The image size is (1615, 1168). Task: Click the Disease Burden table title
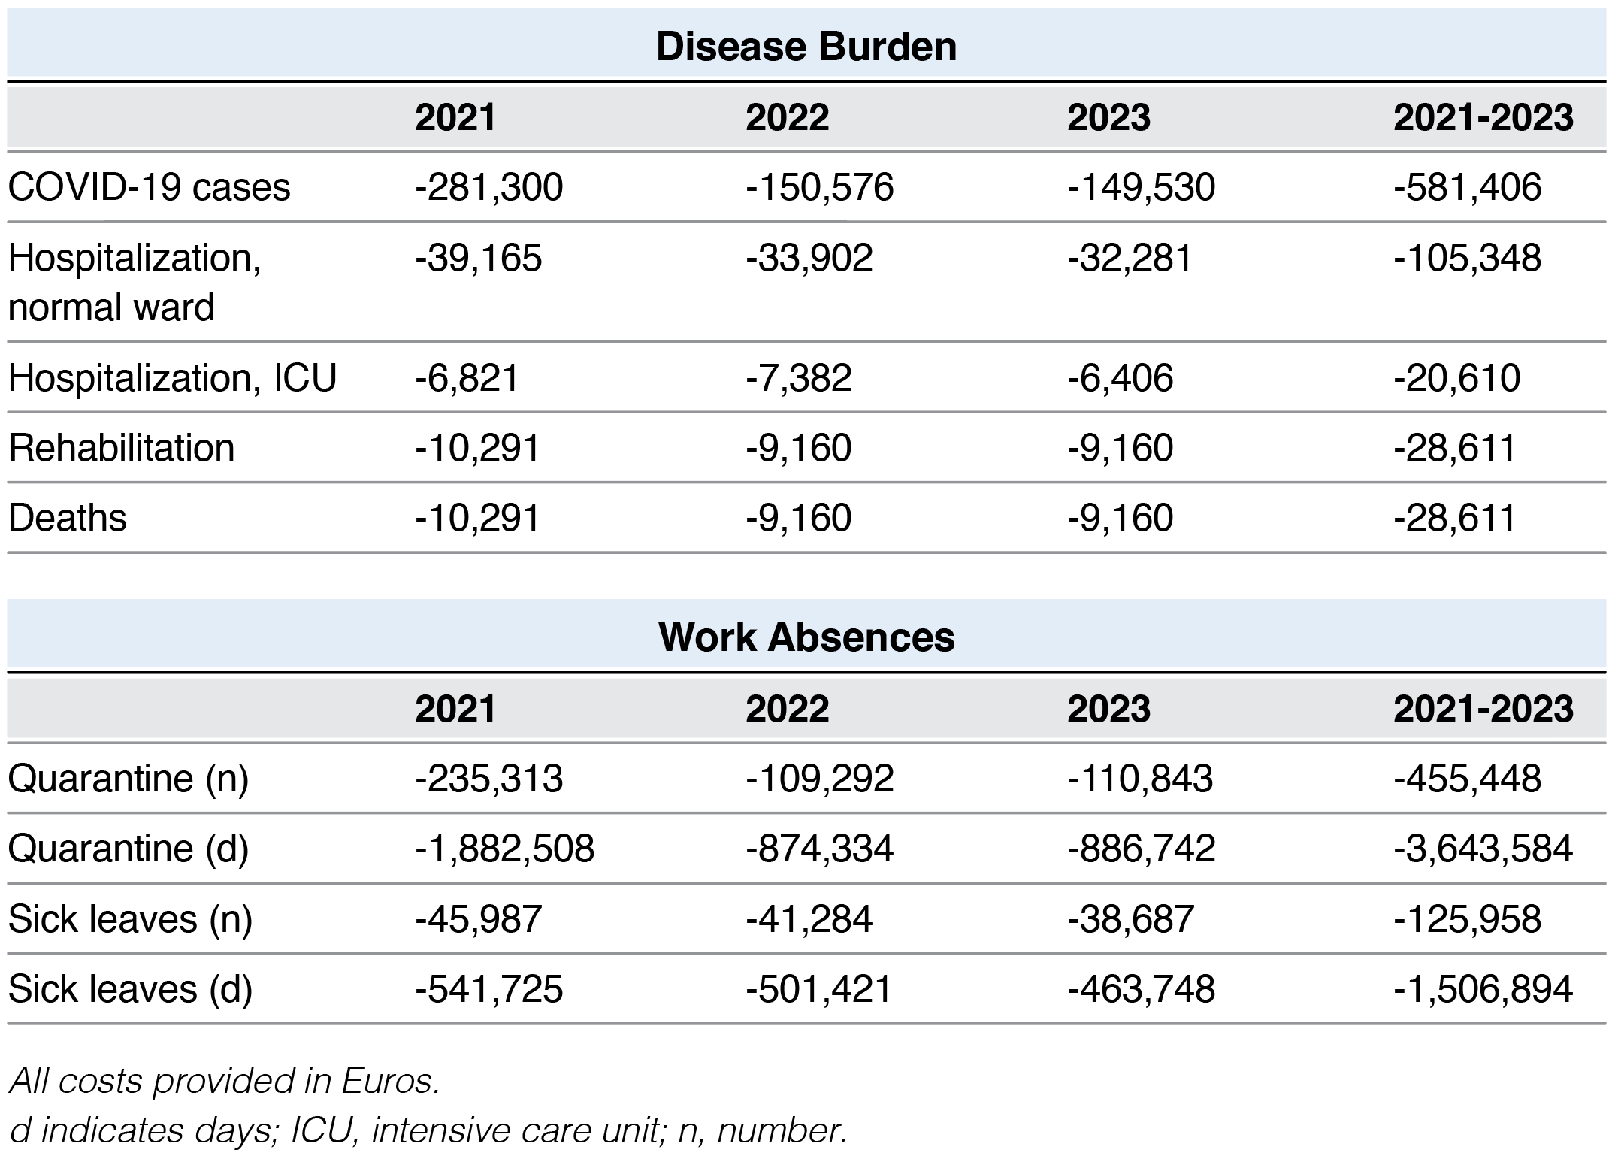(x=806, y=47)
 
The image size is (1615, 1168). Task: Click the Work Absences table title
(x=806, y=637)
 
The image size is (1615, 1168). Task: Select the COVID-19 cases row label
(x=149, y=187)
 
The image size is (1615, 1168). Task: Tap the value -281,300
(x=488, y=187)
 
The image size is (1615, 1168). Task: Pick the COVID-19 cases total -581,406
(x=1467, y=187)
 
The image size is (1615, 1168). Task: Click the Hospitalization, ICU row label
(x=172, y=377)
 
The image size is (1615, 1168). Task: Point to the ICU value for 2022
(x=798, y=377)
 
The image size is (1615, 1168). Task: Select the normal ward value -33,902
(x=809, y=258)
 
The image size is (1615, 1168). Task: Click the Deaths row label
(x=68, y=518)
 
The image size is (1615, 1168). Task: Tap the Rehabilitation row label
(x=122, y=448)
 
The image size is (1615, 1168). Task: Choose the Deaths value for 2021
(x=477, y=518)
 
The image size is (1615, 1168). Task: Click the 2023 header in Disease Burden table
(x=1108, y=118)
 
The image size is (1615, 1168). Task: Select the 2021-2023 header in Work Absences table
(x=1483, y=709)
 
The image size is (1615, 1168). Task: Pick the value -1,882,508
(x=504, y=849)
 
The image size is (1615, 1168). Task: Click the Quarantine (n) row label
(x=129, y=779)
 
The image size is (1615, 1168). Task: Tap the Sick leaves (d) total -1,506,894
(x=1483, y=989)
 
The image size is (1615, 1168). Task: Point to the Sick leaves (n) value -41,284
(x=809, y=919)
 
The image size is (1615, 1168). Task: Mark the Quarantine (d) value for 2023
(x=1141, y=849)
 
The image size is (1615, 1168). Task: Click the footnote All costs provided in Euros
(x=225, y=1082)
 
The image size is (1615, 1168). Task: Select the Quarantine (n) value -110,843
(x=1139, y=779)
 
